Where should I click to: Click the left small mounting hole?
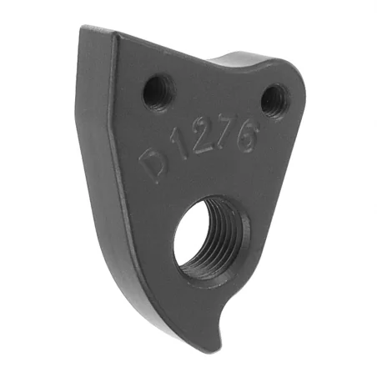pos(159,90)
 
